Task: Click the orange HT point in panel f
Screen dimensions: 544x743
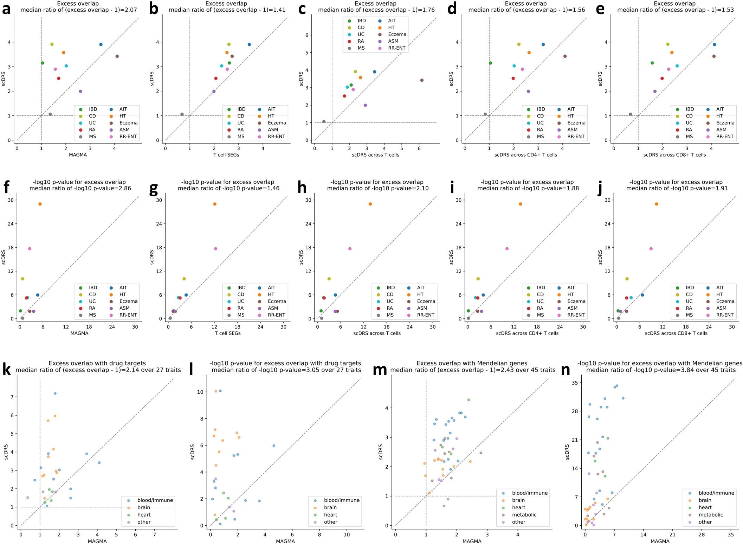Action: click(x=40, y=204)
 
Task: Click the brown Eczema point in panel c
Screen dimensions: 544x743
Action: click(x=422, y=80)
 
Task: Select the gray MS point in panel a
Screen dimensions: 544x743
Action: click(x=50, y=114)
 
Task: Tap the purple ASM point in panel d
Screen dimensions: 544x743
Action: click(x=528, y=91)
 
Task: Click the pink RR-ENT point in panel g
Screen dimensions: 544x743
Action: click(x=215, y=249)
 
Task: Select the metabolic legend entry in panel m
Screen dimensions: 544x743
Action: click(x=524, y=515)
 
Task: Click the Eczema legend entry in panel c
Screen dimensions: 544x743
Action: click(x=397, y=34)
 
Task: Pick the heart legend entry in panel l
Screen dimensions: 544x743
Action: click(x=330, y=515)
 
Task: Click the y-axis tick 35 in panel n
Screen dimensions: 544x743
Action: click(x=577, y=383)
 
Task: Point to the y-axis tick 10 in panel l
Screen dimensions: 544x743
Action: click(x=201, y=392)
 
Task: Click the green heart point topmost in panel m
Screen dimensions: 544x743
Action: click(x=469, y=400)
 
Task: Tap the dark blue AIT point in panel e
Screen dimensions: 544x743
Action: click(x=714, y=45)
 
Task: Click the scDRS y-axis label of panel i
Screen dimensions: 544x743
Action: click(x=451, y=257)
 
